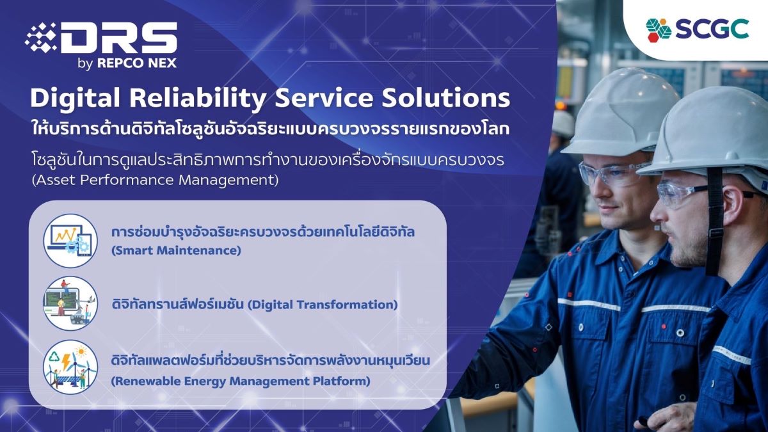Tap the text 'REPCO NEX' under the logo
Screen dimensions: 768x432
(x=137, y=63)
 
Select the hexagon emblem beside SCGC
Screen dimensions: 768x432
(x=659, y=30)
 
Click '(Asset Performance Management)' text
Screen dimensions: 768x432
(x=155, y=180)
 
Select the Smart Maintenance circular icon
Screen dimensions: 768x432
(x=70, y=241)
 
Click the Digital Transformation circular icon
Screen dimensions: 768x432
(x=70, y=303)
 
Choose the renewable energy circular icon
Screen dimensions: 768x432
(x=70, y=367)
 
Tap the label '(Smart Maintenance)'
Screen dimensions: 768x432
(x=176, y=251)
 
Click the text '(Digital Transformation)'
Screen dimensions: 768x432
(x=323, y=305)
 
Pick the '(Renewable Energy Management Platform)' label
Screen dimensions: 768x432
(x=241, y=381)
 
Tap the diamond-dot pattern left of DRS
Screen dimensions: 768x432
(x=41, y=38)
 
